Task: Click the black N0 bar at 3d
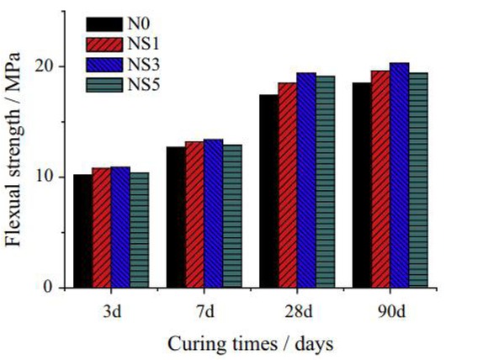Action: [x=82, y=230]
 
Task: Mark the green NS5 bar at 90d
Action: [x=418, y=180]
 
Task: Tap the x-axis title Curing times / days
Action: [x=250, y=343]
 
